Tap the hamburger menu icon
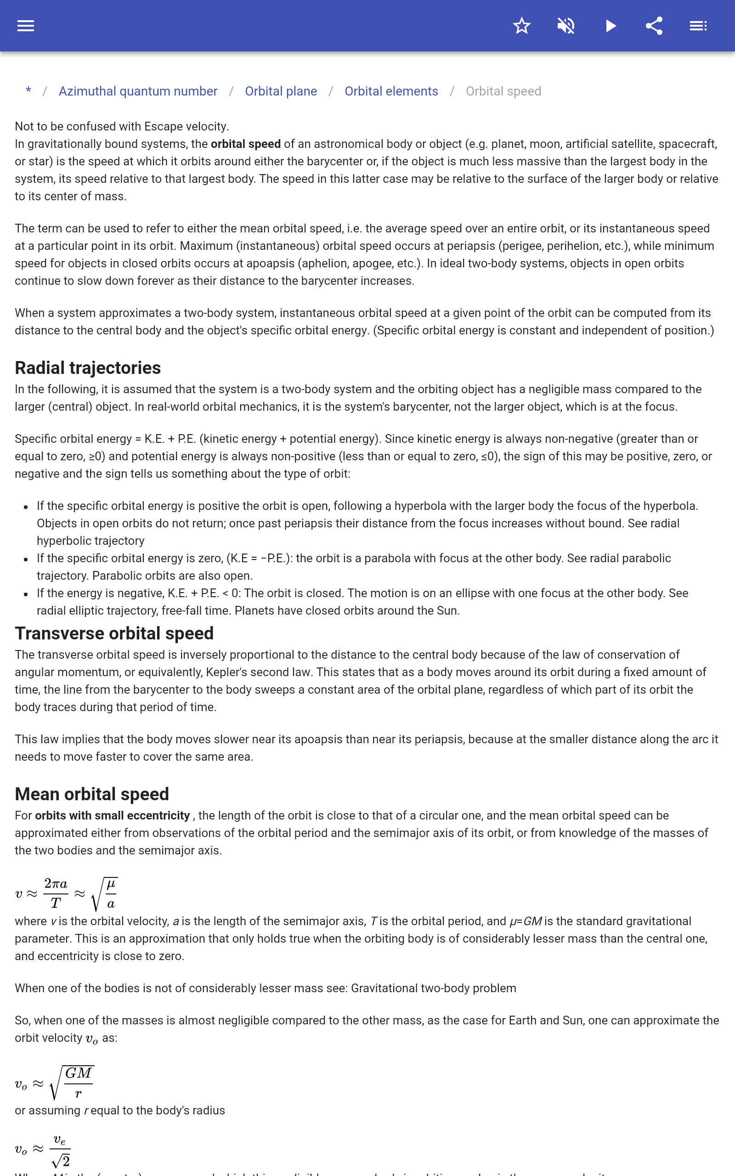(x=26, y=26)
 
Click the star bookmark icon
(x=521, y=26)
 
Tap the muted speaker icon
(x=566, y=26)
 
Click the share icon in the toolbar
(x=654, y=26)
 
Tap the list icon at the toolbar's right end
(x=698, y=26)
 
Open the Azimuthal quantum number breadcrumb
(x=138, y=91)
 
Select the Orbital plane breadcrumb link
(x=281, y=91)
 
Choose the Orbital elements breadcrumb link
(x=391, y=91)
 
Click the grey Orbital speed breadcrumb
(x=503, y=91)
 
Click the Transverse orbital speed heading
(x=114, y=633)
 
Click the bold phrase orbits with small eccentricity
(x=112, y=815)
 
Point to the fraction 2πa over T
(x=56, y=893)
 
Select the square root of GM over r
(x=73, y=1083)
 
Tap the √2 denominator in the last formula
(x=61, y=1161)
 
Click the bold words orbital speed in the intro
(x=245, y=144)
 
